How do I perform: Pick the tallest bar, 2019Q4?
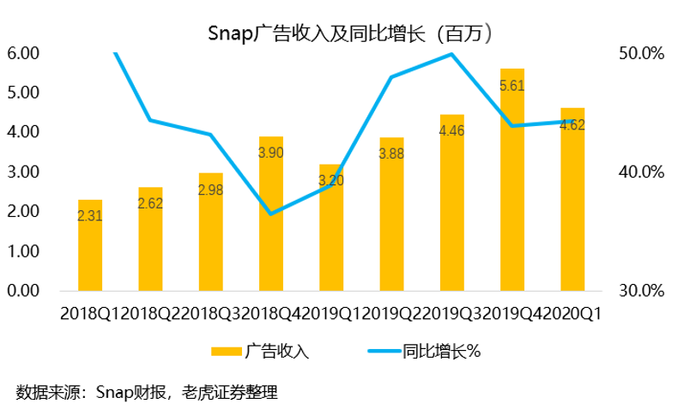[511, 180]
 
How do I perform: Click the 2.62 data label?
[151, 204]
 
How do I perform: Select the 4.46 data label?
[451, 131]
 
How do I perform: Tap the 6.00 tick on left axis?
[23, 53]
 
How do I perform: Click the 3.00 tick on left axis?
[23, 172]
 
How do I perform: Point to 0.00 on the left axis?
[23, 292]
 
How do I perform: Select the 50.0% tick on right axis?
[641, 53]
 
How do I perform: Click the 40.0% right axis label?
[641, 172]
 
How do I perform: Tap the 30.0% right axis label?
[641, 292]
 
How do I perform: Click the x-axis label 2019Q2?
[392, 314]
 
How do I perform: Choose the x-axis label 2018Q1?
[90, 314]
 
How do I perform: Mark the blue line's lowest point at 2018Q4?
[271, 214]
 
